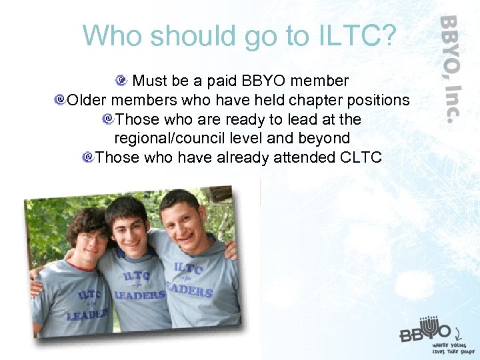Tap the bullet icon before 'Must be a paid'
[x=121, y=81]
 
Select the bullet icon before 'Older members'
[x=60, y=100]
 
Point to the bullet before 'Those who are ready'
[x=107, y=119]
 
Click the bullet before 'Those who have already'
[x=87, y=157]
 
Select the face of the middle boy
[x=131, y=223]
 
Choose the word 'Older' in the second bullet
[x=87, y=101]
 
